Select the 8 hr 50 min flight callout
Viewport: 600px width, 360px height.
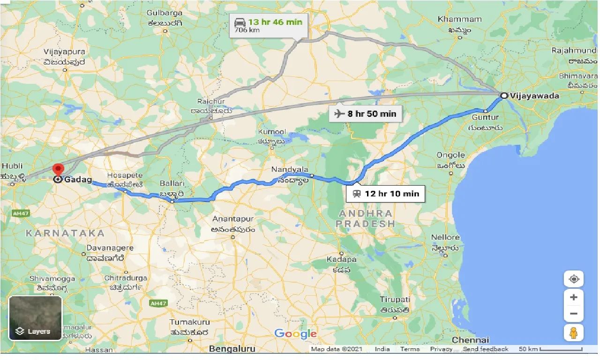pos(365,113)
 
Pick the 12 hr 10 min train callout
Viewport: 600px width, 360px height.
pos(385,193)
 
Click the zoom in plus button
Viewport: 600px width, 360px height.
pos(574,297)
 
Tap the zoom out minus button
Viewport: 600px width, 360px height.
pos(574,314)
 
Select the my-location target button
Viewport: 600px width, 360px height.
pos(574,279)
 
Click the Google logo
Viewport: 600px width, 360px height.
pos(296,334)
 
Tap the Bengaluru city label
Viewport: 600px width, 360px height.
pos(232,349)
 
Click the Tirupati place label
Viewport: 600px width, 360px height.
pos(395,300)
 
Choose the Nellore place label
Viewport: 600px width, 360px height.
pos(445,238)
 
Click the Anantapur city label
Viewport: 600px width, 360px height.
pos(233,219)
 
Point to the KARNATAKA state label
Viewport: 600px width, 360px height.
pos(65,233)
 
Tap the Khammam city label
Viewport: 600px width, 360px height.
pos(459,19)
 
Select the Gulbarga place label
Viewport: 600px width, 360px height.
pos(164,13)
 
